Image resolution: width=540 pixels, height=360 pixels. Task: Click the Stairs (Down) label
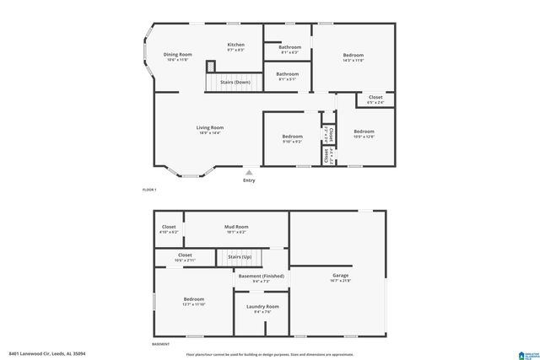[x=235, y=83]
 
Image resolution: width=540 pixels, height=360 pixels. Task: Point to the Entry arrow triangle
[x=248, y=172]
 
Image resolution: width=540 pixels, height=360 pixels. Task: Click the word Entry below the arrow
[x=248, y=180]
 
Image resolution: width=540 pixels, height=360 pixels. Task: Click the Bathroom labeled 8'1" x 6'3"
[x=289, y=49]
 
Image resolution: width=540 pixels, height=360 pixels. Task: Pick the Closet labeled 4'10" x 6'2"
[x=169, y=228]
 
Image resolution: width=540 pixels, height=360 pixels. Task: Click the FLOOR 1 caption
[x=148, y=191]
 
